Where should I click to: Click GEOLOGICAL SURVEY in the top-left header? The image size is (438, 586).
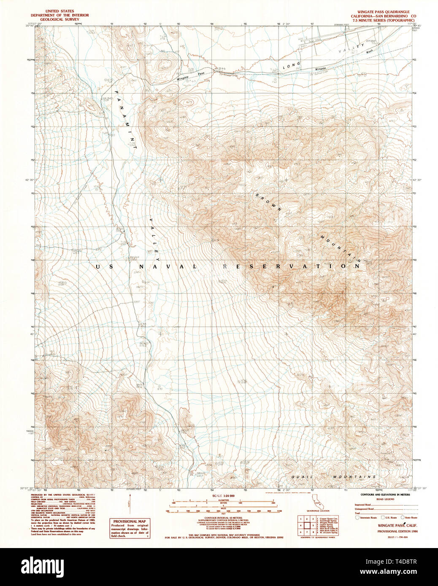coord(59,19)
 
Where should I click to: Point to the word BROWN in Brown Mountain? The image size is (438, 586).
coord(268,202)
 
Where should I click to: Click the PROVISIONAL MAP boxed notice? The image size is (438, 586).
coord(130,528)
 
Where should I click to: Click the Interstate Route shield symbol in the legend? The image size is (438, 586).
coord(357,517)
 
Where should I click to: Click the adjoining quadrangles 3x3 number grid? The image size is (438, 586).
coord(307,525)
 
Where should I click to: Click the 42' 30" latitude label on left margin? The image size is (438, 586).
coord(29,180)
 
